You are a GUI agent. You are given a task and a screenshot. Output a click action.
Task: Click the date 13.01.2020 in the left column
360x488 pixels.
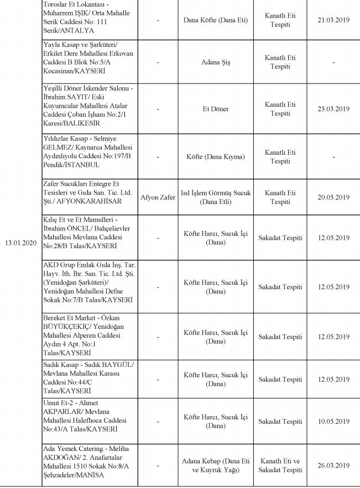click(x=20, y=243)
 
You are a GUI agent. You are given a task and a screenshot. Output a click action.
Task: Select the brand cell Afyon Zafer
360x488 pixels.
click(x=158, y=197)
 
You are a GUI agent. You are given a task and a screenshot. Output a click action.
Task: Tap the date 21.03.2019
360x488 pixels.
click(x=333, y=20)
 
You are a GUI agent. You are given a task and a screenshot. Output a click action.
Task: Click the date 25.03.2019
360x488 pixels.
click(x=333, y=109)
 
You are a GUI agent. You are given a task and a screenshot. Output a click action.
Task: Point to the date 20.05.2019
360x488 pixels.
click(x=333, y=197)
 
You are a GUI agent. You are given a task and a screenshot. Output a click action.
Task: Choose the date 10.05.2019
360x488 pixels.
click(x=333, y=422)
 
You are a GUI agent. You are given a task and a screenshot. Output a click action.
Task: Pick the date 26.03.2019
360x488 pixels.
click(x=333, y=465)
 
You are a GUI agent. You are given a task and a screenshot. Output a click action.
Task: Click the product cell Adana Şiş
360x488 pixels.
click(x=215, y=62)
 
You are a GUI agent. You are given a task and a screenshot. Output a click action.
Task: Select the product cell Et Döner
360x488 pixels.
click(x=215, y=109)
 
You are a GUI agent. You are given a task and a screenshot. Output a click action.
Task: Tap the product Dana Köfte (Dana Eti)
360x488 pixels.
click(x=215, y=20)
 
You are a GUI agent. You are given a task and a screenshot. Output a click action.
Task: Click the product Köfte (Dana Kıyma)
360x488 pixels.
click(x=215, y=157)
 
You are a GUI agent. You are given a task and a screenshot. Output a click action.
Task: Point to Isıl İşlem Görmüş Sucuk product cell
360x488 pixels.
click(x=215, y=197)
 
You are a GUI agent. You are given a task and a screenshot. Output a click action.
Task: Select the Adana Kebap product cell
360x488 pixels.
click(x=215, y=465)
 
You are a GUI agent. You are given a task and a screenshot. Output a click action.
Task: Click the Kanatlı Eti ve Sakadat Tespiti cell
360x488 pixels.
click(x=280, y=465)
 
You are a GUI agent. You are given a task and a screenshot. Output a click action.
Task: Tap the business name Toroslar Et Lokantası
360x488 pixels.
click(x=76, y=5)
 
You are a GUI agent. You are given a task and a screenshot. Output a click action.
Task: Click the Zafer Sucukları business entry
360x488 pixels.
click(x=81, y=183)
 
